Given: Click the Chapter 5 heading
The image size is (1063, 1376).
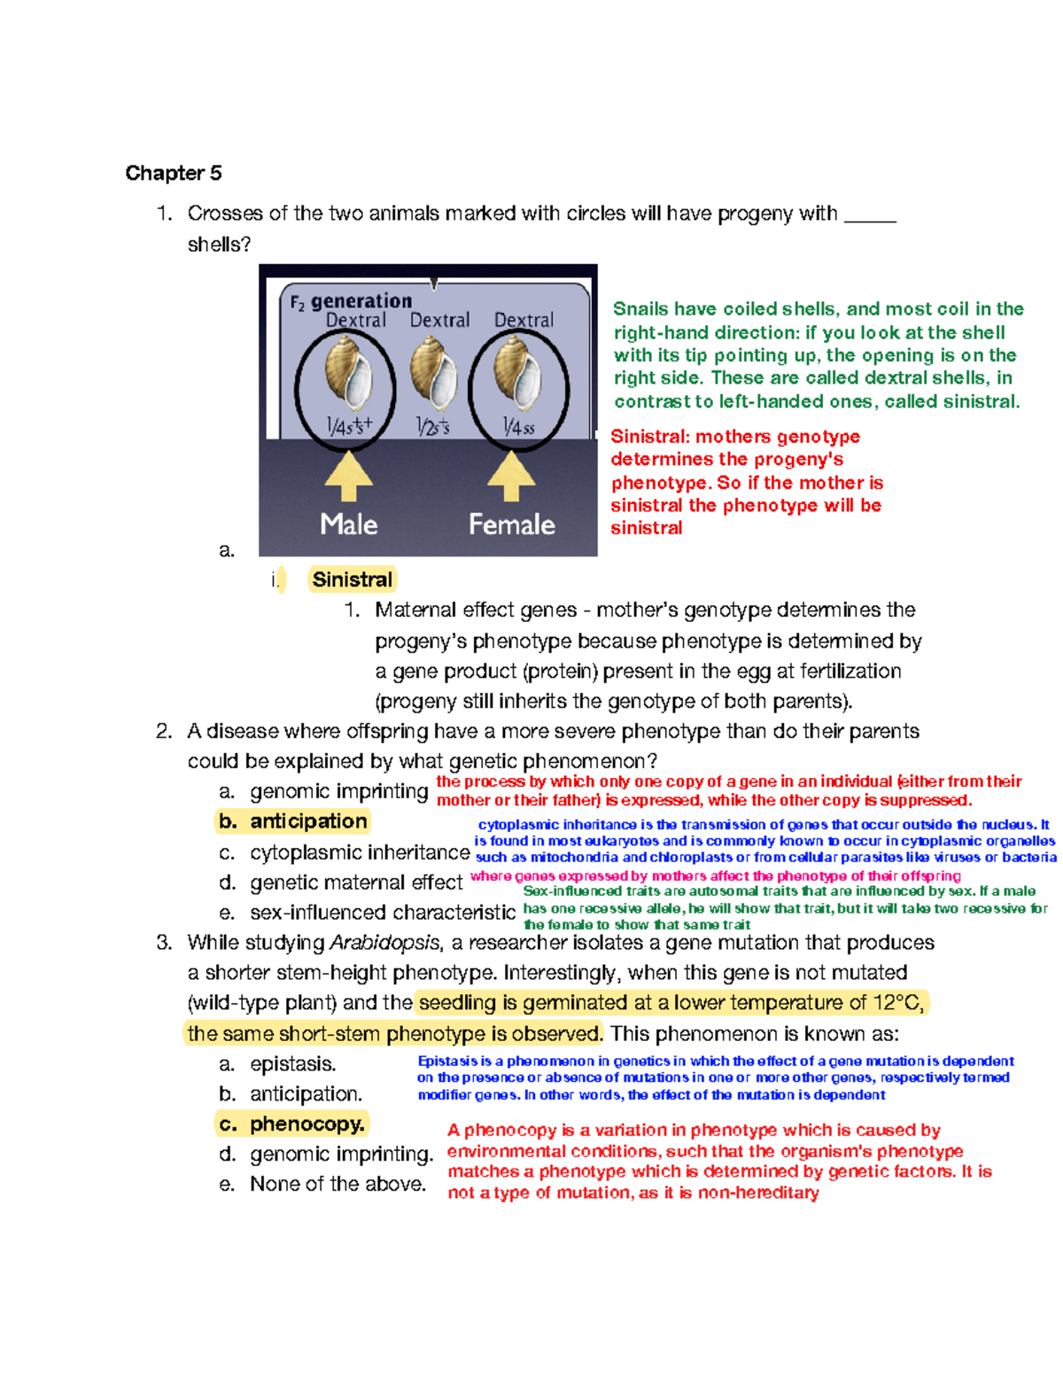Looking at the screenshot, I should (x=174, y=173).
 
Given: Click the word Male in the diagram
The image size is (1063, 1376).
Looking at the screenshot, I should (x=349, y=525).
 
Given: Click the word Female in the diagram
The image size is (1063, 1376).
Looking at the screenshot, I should (x=512, y=525).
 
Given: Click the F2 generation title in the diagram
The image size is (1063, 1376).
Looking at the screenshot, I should (x=352, y=301).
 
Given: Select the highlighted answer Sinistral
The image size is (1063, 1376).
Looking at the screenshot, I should (x=353, y=579).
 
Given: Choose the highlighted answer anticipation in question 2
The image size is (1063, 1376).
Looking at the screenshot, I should (x=307, y=821).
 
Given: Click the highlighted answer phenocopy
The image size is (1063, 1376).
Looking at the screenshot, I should (x=306, y=1124).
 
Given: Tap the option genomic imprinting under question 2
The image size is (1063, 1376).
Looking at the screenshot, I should (x=338, y=791).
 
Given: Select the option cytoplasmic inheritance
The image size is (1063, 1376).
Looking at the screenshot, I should (x=359, y=852).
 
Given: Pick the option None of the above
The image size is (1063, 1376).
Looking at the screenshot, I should (x=338, y=1185).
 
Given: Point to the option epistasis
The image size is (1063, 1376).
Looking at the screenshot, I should (x=292, y=1064).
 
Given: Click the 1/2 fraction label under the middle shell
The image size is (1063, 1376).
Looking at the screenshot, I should (x=433, y=427).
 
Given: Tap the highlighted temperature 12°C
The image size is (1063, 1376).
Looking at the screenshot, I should (x=897, y=1003).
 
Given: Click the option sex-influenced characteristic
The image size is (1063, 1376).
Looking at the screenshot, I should (x=382, y=913).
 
